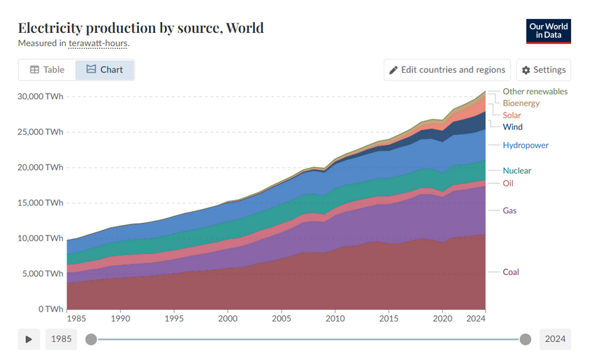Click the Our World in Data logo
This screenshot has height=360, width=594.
[x=549, y=31]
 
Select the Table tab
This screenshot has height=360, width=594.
[x=47, y=70]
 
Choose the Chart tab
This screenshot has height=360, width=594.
[x=105, y=70]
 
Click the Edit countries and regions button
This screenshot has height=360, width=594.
[x=447, y=70]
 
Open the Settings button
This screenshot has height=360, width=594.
[x=544, y=70]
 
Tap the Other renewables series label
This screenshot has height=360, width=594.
[x=535, y=92]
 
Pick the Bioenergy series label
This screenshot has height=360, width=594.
[x=521, y=103]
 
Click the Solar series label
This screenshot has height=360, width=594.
[x=512, y=115]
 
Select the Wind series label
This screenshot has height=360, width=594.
[x=512, y=127]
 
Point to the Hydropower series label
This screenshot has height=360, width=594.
[x=526, y=145]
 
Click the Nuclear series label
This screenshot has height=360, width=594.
[x=516, y=171]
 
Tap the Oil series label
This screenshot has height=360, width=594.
[x=508, y=183]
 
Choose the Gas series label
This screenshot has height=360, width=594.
[x=509, y=210]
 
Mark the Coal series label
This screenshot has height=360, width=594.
[x=511, y=272]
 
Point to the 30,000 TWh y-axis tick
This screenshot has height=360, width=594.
[x=40, y=96]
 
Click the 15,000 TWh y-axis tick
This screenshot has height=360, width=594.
[x=40, y=203]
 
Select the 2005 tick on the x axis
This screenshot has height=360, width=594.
[x=282, y=318]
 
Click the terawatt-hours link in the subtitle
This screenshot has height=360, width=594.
[x=99, y=43]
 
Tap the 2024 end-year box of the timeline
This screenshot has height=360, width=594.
[x=555, y=339]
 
